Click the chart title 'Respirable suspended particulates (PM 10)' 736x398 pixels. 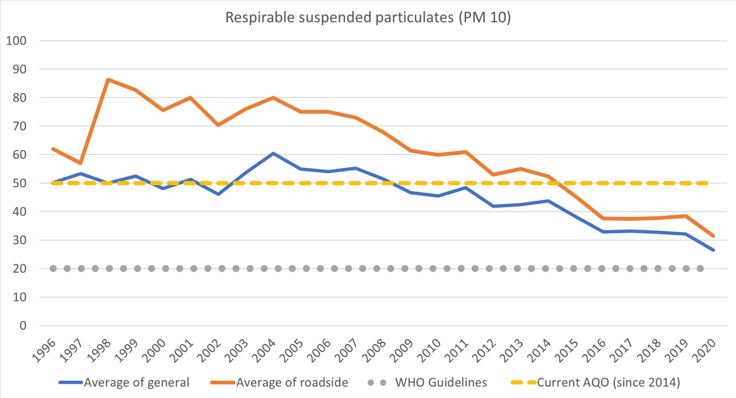(x=368, y=17)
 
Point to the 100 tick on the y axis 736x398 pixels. (x=16, y=41)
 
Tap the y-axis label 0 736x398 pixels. (x=23, y=326)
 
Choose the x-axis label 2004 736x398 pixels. (x=266, y=350)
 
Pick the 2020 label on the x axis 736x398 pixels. (x=705, y=350)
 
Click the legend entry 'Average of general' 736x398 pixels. (x=136, y=383)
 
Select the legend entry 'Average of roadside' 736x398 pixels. (x=292, y=383)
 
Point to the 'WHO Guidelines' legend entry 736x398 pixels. (x=441, y=383)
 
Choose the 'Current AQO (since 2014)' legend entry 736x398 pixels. (x=608, y=383)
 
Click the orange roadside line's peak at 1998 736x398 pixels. (x=108, y=80)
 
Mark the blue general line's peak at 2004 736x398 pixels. (x=273, y=153)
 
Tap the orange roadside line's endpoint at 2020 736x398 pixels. (x=713, y=236)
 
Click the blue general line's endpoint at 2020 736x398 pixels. (x=713, y=250)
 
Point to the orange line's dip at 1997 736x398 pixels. (x=81, y=163)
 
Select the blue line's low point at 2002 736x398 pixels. (x=218, y=194)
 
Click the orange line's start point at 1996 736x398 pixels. (x=53, y=149)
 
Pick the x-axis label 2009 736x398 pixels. (x=403, y=350)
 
